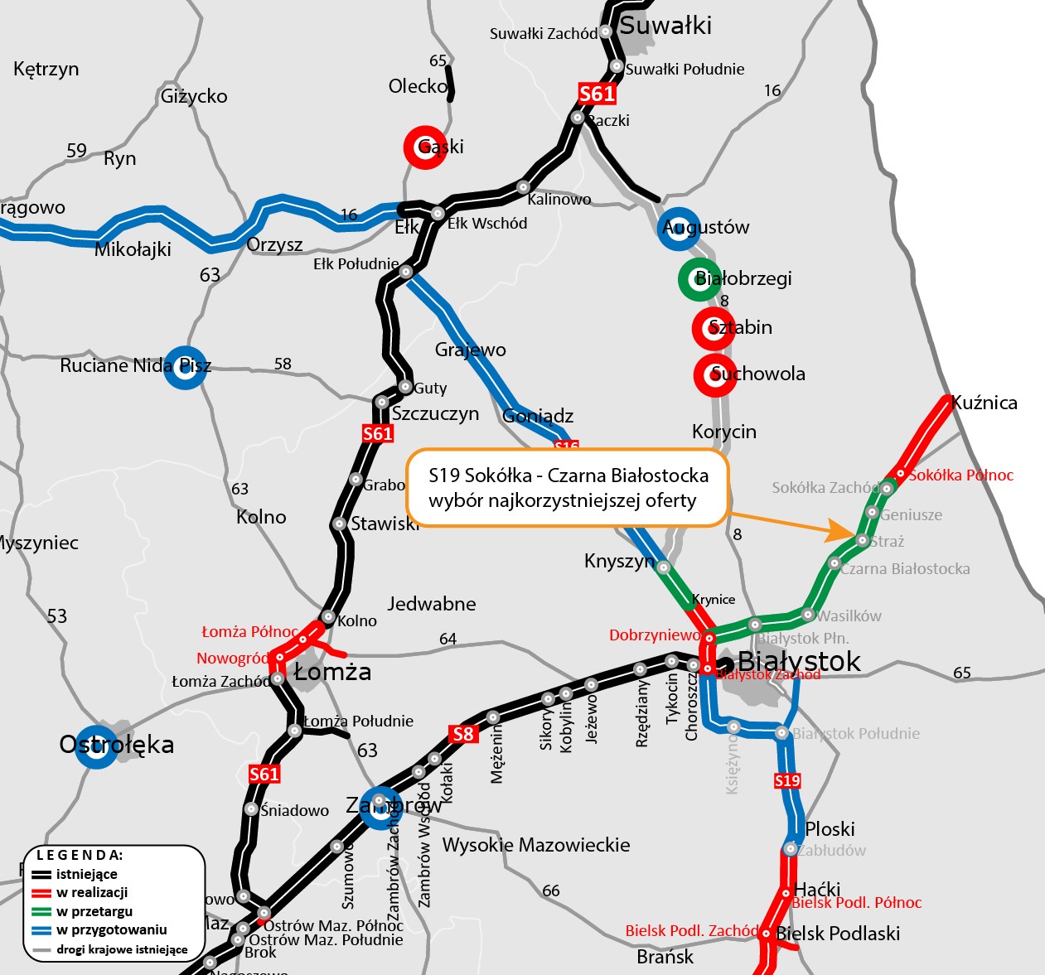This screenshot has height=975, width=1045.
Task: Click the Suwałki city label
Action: click(x=665, y=26)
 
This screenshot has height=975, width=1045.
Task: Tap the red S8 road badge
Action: click(x=463, y=733)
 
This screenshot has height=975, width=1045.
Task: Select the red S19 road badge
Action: click(x=787, y=780)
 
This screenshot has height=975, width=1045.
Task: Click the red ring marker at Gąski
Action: click(x=425, y=147)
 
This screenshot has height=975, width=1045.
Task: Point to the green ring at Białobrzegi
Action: click(x=699, y=278)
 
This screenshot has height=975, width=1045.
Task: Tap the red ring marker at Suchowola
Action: click(x=714, y=374)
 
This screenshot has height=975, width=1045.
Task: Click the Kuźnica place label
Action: click(x=984, y=403)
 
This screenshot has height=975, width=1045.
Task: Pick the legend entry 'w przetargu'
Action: click(x=94, y=911)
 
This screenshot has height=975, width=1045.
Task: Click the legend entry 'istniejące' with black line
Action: click(x=86, y=874)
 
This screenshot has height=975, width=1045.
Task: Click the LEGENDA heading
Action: click(x=80, y=855)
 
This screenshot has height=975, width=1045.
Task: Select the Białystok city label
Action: click(x=799, y=662)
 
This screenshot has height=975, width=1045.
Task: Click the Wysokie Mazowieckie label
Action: click(x=536, y=845)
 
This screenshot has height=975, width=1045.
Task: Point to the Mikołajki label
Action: click(x=133, y=249)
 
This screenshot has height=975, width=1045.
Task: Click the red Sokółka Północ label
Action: click(x=960, y=475)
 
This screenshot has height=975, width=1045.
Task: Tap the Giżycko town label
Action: click(x=194, y=96)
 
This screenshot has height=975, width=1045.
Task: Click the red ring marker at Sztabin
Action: click(x=714, y=328)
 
